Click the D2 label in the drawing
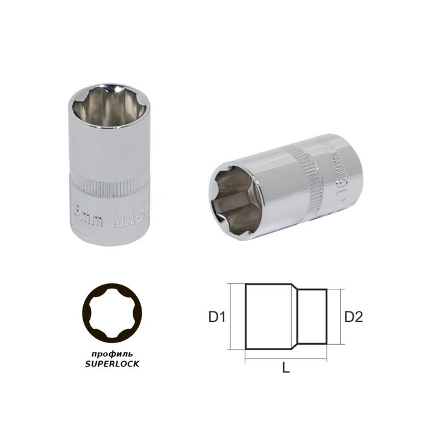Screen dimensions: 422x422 tap(353, 316)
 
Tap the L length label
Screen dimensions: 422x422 tap(286, 369)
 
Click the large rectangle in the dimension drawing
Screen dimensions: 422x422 tap(269, 316)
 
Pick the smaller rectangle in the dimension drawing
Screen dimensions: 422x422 tap(313, 316)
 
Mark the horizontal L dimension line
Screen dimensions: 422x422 tap(286, 361)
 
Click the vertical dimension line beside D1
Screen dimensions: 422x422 tap(231, 316)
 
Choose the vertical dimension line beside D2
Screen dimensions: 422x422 tap(341, 316)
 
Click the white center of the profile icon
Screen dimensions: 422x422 tap(116, 313)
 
